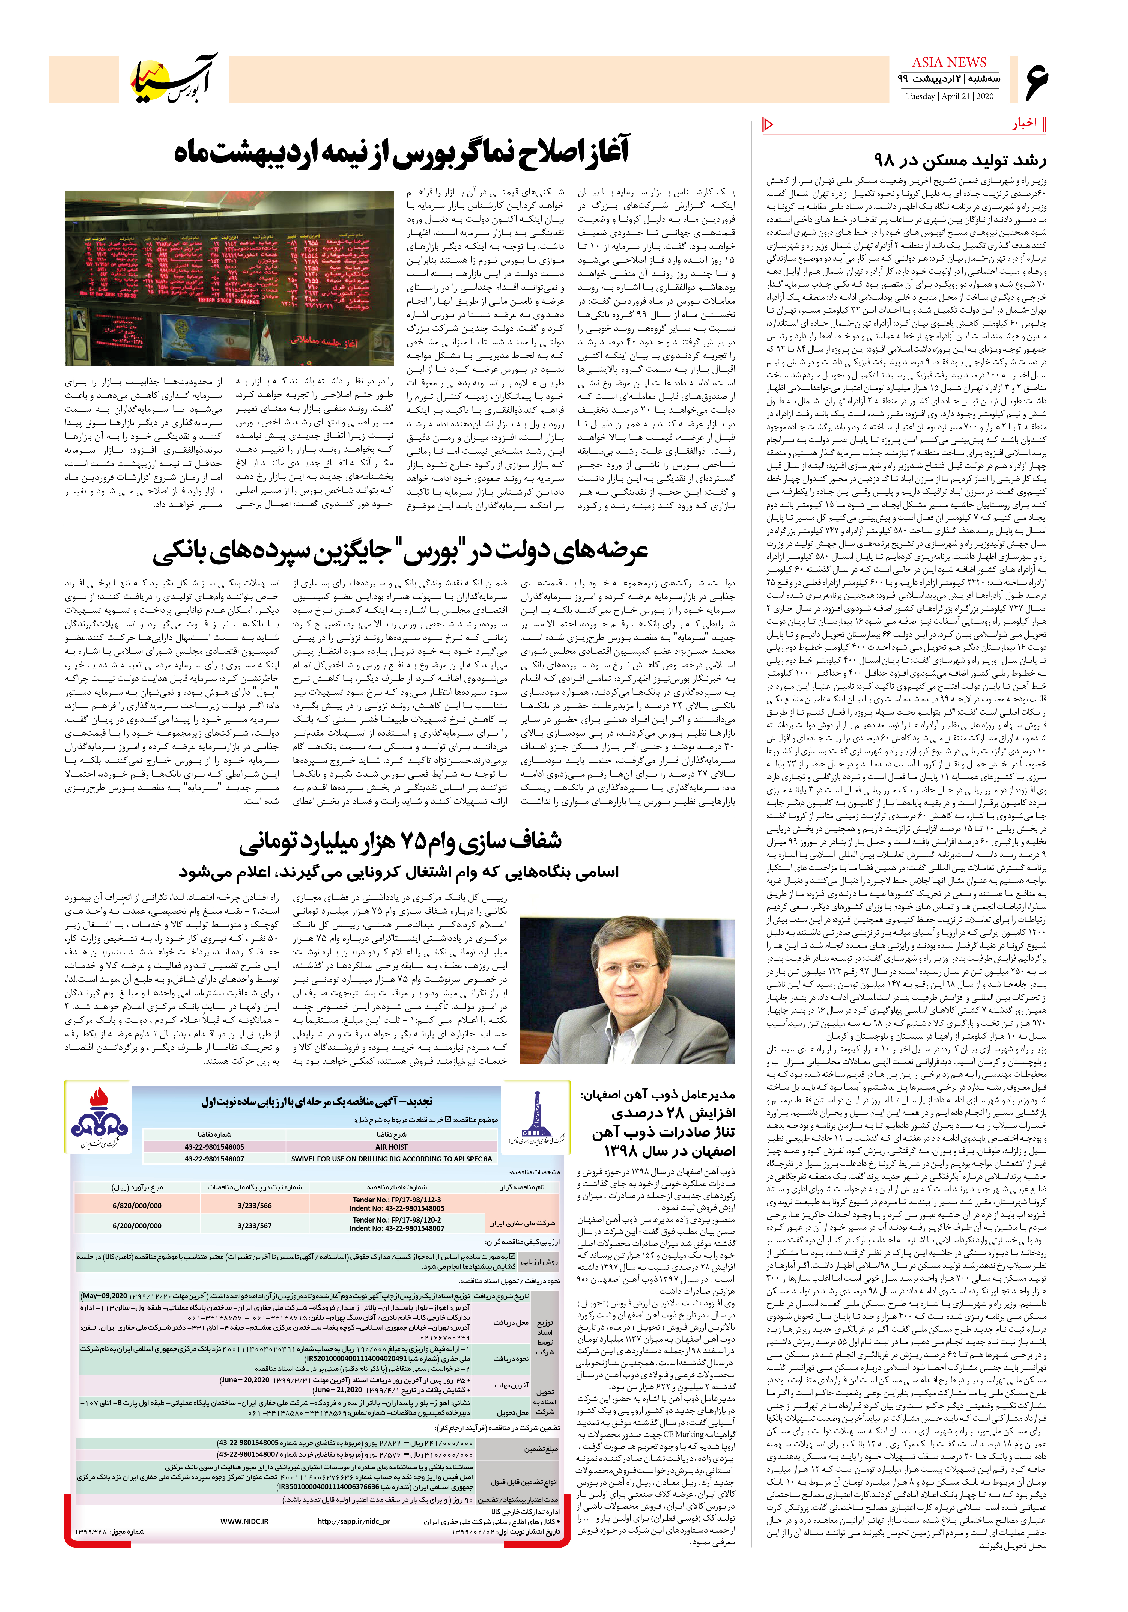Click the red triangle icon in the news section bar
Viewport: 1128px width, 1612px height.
point(768,125)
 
